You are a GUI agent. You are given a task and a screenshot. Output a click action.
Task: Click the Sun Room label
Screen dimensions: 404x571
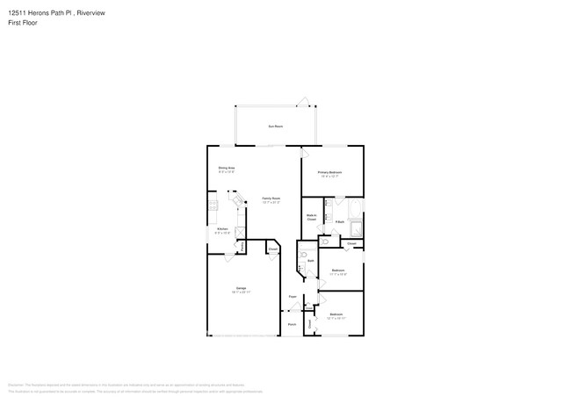tap(275, 126)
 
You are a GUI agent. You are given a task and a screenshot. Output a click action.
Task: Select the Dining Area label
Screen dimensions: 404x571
tap(227, 169)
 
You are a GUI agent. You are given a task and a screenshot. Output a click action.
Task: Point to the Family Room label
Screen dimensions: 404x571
tap(271, 199)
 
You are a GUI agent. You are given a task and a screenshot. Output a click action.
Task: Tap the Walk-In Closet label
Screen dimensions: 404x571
tap(311, 217)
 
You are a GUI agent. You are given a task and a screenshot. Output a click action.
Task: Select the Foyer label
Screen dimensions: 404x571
tap(293, 297)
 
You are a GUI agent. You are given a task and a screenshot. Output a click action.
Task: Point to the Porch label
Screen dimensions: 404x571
tap(292, 324)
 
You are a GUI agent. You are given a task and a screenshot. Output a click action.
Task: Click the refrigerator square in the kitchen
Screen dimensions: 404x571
tap(241, 232)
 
